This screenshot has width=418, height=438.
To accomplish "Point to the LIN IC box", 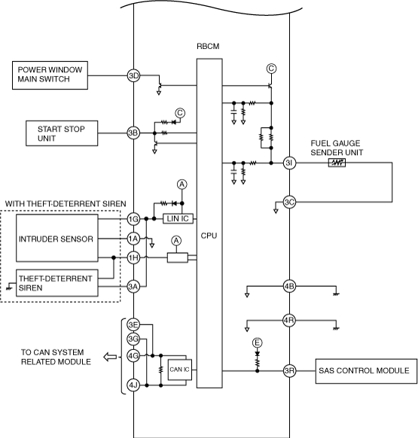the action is click(178, 219).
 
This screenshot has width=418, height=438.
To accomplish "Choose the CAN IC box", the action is click(180, 370).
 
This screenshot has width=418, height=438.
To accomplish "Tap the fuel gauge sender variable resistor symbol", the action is click(337, 163).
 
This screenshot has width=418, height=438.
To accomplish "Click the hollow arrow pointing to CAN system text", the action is click(110, 357).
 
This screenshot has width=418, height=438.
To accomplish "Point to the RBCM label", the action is click(208, 46).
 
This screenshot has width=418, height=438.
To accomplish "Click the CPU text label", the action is click(209, 236).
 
